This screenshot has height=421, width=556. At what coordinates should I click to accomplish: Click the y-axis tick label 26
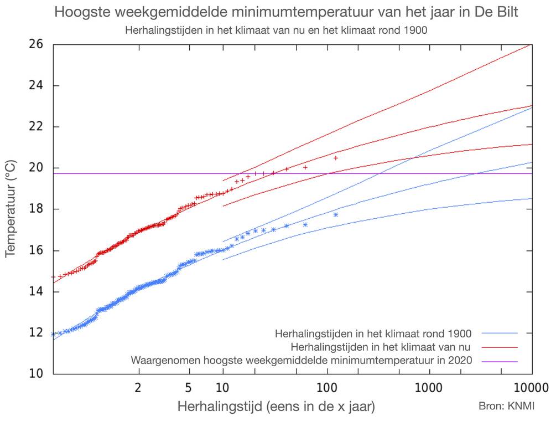coord(35,44)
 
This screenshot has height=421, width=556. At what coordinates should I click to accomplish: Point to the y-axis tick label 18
coord(35,209)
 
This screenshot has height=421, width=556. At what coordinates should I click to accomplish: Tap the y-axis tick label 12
coord(35,333)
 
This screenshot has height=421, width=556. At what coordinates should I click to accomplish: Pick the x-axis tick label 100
coord(327,387)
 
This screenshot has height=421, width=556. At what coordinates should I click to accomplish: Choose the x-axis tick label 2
coord(138,387)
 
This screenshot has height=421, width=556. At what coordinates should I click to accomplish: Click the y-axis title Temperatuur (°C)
coord(11,208)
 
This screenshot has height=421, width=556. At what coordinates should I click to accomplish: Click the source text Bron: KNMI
coord(507,406)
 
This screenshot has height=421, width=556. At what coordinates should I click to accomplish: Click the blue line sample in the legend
coord(499,333)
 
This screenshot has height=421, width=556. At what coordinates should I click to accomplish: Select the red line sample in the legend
coord(499,347)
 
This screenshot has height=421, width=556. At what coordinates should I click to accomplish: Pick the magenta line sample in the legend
coord(499,361)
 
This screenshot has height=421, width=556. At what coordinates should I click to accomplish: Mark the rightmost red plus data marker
coord(336,158)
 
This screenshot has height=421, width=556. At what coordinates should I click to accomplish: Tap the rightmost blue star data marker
coord(336,214)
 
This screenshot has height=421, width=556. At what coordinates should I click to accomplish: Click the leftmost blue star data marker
coord(53,334)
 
